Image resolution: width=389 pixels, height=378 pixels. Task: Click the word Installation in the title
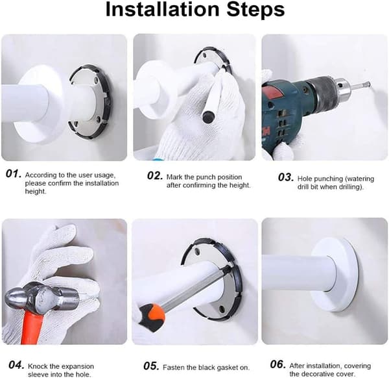click(163, 10)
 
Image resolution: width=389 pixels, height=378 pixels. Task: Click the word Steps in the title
click(255, 10)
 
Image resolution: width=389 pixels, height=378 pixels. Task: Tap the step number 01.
click(13, 173)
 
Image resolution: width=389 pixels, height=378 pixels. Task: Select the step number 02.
click(155, 176)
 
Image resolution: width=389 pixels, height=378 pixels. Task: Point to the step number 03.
click(286, 177)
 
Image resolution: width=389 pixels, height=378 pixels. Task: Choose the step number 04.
click(16, 365)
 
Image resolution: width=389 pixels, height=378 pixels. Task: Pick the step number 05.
click(151, 366)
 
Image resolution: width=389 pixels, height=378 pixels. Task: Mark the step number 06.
click(277, 364)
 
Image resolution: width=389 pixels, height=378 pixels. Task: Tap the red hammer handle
click(31, 328)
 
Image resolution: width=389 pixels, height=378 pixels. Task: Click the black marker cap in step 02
click(209, 117)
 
